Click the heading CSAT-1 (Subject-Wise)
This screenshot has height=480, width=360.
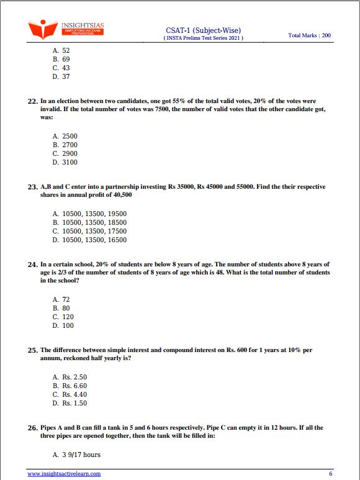click(x=203, y=30)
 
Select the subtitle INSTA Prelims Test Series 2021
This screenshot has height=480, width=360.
click(x=203, y=38)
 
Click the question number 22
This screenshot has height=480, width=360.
click(x=34, y=100)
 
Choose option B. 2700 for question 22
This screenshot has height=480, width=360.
click(x=65, y=145)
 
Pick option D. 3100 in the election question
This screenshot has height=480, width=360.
click(x=65, y=162)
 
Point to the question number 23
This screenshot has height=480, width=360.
click(x=34, y=186)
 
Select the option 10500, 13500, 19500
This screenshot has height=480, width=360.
click(x=89, y=214)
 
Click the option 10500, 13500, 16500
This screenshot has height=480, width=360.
click(x=89, y=240)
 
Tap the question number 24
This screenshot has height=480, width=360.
click(x=34, y=265)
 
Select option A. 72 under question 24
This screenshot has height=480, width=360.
click(x=61, y=299)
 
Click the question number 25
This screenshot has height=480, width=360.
click(x=34, y=350)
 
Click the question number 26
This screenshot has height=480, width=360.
click(x=34, y=428)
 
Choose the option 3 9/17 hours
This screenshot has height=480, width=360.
click(x=76, y=455)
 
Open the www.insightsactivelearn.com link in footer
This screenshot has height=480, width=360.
click(x=64, y=473)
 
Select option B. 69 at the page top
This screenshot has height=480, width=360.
click(x=61, y=59)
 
